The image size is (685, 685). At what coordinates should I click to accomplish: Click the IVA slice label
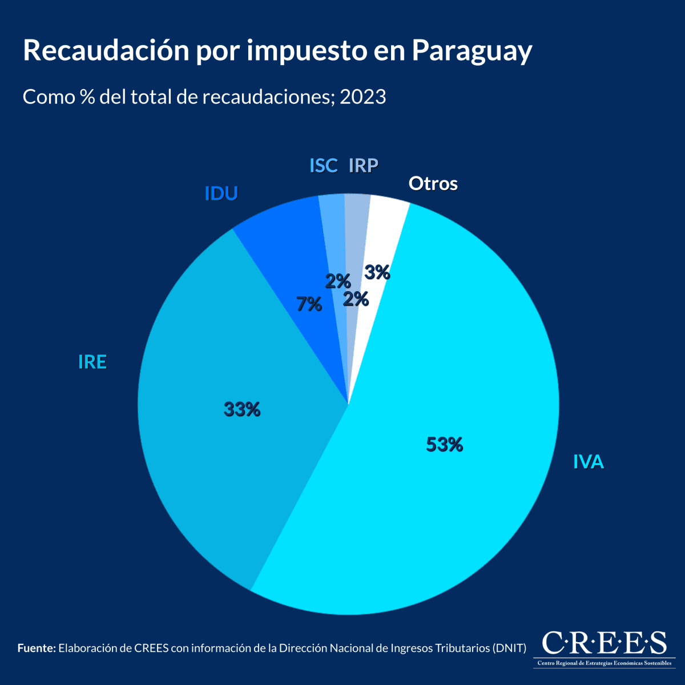[588, 462]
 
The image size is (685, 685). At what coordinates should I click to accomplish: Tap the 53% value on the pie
[444, 444]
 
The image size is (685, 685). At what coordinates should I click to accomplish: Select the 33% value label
[242, 409]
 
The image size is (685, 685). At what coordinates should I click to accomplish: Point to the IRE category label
[92, 362]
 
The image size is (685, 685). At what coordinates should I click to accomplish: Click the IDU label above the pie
[221, 194]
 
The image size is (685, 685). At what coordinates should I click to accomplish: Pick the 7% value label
[309, 304]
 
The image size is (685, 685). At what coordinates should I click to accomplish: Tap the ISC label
[323, 166]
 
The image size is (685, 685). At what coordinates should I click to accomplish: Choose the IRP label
[363, 166]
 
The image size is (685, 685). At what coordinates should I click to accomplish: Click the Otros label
[433, 184]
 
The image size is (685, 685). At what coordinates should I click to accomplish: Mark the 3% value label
[377, 273]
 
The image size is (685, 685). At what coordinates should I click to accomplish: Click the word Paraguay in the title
[472, 51]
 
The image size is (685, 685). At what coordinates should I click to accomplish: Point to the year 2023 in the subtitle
[362, 97]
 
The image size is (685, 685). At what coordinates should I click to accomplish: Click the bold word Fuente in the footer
[37, 648]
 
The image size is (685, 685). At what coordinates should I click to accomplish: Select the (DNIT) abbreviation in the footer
[508, 648]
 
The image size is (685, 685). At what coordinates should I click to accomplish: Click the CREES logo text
[603, 643]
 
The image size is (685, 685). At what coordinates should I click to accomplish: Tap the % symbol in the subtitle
[87, 97]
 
